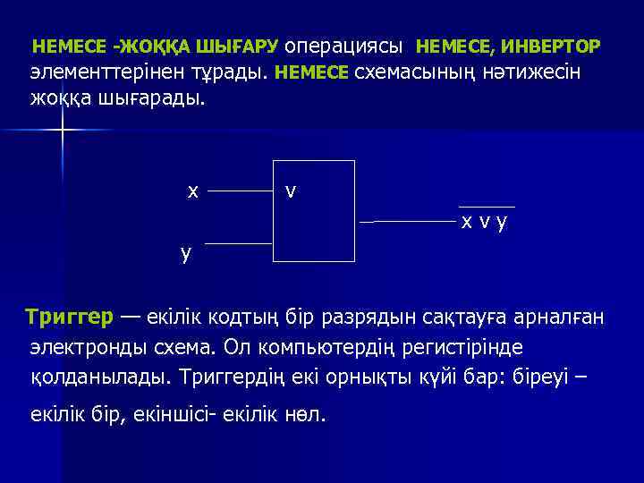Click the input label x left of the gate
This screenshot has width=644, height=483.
pyautogui.click(x=192, y=191)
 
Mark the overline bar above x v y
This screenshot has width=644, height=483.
pyautogui.click(x=487, y=207)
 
